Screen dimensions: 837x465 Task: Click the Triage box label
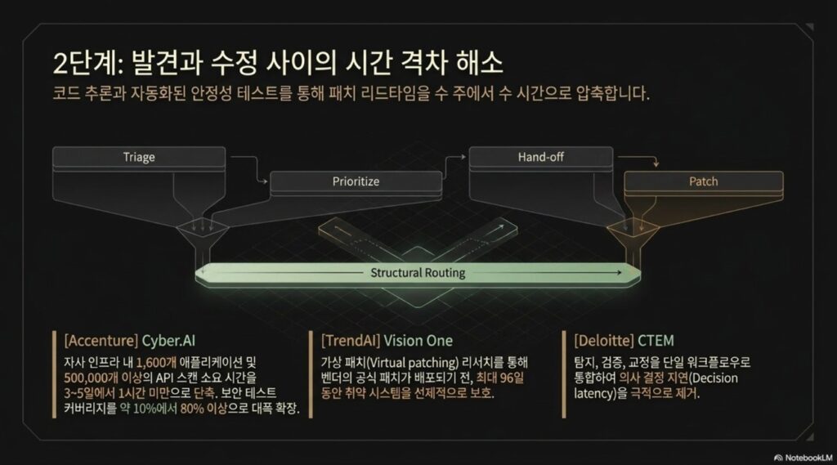pos(139,157)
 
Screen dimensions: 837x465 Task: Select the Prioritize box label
pos(356,181)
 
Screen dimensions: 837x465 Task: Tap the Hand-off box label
pos(541,157)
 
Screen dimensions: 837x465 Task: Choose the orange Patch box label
pos(704,181)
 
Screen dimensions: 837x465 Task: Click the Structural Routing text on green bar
pos(418,273)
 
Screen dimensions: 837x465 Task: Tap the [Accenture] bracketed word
pos(101,341)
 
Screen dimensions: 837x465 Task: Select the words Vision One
pos(418,341)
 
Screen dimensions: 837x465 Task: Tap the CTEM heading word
pos(656,341)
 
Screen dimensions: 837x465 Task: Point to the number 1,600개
pos(156,363)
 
